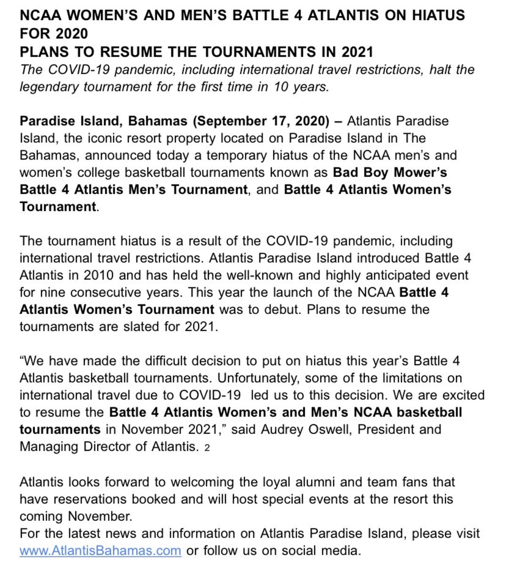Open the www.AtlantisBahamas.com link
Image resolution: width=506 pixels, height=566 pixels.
pyautogui.click(x=100, y=550)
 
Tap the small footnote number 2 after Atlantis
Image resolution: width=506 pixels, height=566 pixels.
pyautogui.click(x=207, y=448)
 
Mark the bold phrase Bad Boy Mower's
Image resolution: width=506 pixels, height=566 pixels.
pyautogui.click(x=390, y=173)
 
